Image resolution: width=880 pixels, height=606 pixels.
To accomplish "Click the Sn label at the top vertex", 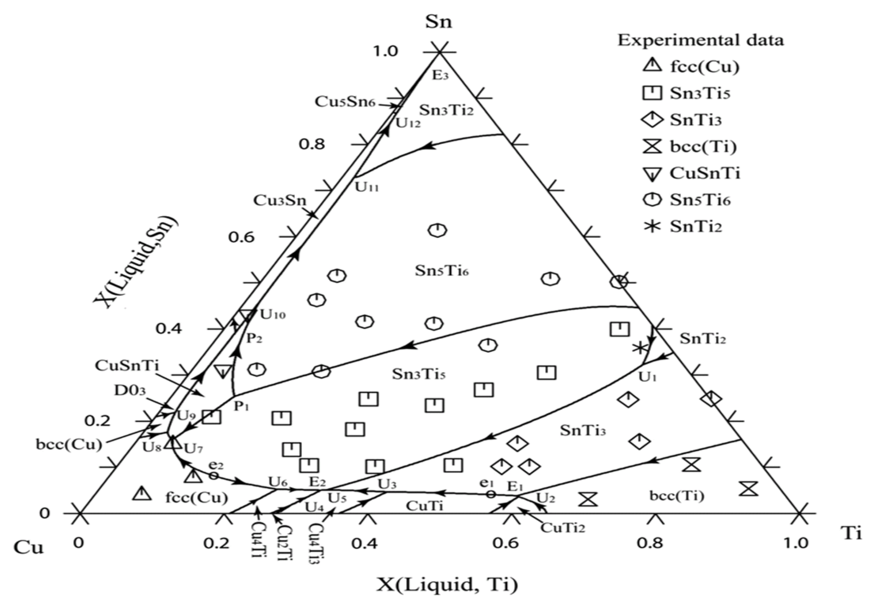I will (x=438, y=22).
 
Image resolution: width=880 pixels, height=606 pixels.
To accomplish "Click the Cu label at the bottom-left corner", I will (x=28, y=547).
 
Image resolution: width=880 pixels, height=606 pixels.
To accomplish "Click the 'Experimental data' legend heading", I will (x=700, y=40).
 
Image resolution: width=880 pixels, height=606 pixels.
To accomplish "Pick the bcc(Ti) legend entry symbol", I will (x=652, y=147).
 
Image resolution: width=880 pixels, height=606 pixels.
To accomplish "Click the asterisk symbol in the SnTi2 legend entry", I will (x=652, y=226).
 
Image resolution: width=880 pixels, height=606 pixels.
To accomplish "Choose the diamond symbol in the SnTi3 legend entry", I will (x=652, y=120).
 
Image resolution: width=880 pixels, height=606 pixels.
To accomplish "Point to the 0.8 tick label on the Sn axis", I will (x=312, y=144).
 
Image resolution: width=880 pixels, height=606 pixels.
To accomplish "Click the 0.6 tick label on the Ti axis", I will (x=506, y=543).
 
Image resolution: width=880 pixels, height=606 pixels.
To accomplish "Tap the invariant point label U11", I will (x=367, y=187).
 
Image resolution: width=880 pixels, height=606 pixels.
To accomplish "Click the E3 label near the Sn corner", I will (x=440, y=75).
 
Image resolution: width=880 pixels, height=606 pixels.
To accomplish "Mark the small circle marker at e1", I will (x=491, y=494).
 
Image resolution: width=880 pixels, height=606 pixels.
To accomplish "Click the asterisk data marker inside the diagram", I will (x=639, y=348).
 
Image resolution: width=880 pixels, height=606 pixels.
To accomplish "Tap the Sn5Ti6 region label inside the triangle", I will (x=442, y=271).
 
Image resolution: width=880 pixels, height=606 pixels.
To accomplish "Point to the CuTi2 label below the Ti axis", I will (x=562, y=527).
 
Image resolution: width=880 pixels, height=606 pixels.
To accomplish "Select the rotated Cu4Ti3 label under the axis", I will (x=316, y=544).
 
